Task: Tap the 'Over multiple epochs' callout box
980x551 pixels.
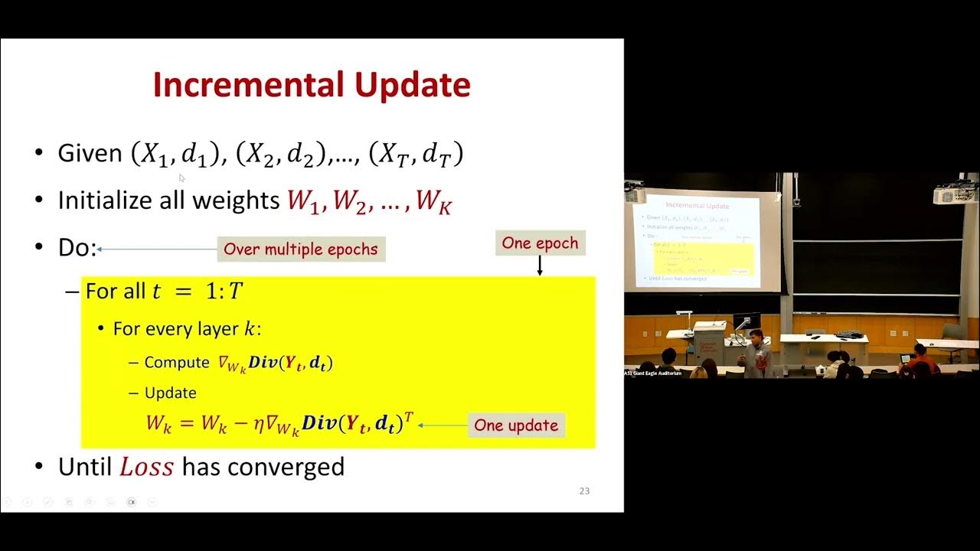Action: (301, 249)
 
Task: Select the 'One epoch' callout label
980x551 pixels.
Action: (540, 243)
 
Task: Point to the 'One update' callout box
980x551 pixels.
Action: (516, 425)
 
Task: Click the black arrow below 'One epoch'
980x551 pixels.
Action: (540, 266)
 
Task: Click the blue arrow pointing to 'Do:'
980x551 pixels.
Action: (157, 249)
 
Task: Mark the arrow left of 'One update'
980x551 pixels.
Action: (442, 425)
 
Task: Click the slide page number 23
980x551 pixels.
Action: (584, 491)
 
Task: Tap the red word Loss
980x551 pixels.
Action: (147, 466)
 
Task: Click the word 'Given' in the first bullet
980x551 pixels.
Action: (90, 154)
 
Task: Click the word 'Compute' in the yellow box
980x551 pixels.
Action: (176, 363)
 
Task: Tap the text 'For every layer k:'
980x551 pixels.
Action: (187, 329)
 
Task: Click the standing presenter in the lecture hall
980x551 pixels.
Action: (757, 354)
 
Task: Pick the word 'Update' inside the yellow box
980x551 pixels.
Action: (170, 393)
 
